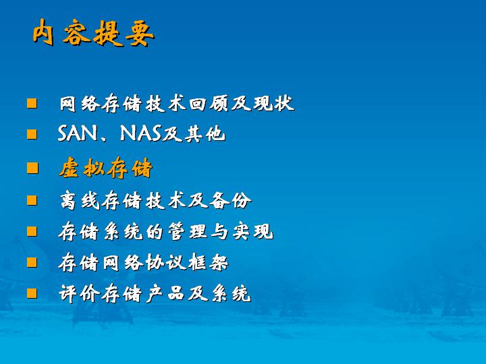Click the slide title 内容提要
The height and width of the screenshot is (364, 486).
click(x=93, y=32)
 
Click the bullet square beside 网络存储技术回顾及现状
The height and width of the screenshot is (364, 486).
click(x=32, y=103)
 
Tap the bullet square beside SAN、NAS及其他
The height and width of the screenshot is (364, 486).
click(x=32, y=134)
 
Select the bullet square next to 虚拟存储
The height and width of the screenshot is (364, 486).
click(x=32, y=168)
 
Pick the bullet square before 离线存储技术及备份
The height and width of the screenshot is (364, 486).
click(x=32, y=200)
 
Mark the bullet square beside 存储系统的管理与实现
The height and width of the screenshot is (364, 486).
click(x=32, y=231)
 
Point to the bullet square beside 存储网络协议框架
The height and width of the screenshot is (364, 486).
click(x=32, y=262)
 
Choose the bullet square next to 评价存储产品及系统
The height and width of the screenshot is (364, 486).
click(x=32, y=293)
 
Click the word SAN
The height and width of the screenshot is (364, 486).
click(x=78, y=133)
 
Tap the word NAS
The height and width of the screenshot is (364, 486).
click(x=141, y=133)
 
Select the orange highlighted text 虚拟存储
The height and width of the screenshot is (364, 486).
click(x=106, y=168)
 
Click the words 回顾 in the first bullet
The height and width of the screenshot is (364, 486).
click(x=209, y=103)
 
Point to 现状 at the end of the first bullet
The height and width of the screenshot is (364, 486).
click(x=273, y=103)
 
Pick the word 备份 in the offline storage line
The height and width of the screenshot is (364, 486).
click(x=231, y=200)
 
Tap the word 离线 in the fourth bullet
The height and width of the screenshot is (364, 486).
click(x=80, y=200)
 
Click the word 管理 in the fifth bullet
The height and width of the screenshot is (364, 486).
click(x=187, y=231)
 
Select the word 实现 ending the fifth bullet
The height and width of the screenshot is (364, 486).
click(x=253, y=231)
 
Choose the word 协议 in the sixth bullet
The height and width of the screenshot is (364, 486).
click(x=165, y=262)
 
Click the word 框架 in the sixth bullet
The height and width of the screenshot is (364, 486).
click(x=209, y=262)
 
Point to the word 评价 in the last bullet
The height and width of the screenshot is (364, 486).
click(x=80, y=293)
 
